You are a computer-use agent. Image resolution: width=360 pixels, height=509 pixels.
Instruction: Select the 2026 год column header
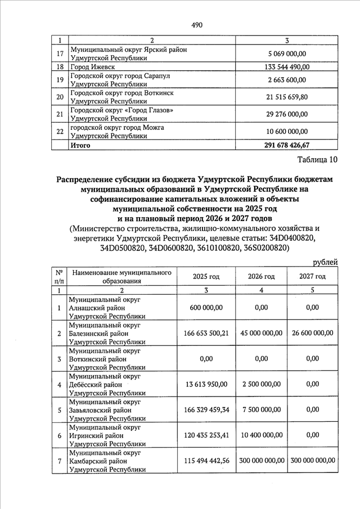coord(262,276)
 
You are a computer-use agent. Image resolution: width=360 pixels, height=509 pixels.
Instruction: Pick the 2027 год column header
coord(312,276)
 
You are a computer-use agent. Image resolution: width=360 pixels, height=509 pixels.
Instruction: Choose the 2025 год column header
coord(206,276)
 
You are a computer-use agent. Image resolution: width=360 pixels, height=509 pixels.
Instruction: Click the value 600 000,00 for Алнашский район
coord(206,308)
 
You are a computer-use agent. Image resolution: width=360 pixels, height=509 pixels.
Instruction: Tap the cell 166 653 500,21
coord(206,333)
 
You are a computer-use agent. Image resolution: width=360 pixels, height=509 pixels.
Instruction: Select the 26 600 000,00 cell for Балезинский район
coord(312,333)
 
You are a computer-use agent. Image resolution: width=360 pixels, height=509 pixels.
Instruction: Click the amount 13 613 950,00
coord(206,384)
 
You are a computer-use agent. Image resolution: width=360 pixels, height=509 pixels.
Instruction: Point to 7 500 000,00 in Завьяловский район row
coord(262,409)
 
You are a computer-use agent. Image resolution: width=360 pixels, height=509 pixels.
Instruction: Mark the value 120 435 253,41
coord(206,435)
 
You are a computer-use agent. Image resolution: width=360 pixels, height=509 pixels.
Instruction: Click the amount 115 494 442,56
coord(206,461)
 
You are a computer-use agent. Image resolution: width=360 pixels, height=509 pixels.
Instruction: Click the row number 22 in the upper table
coord(60,132)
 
